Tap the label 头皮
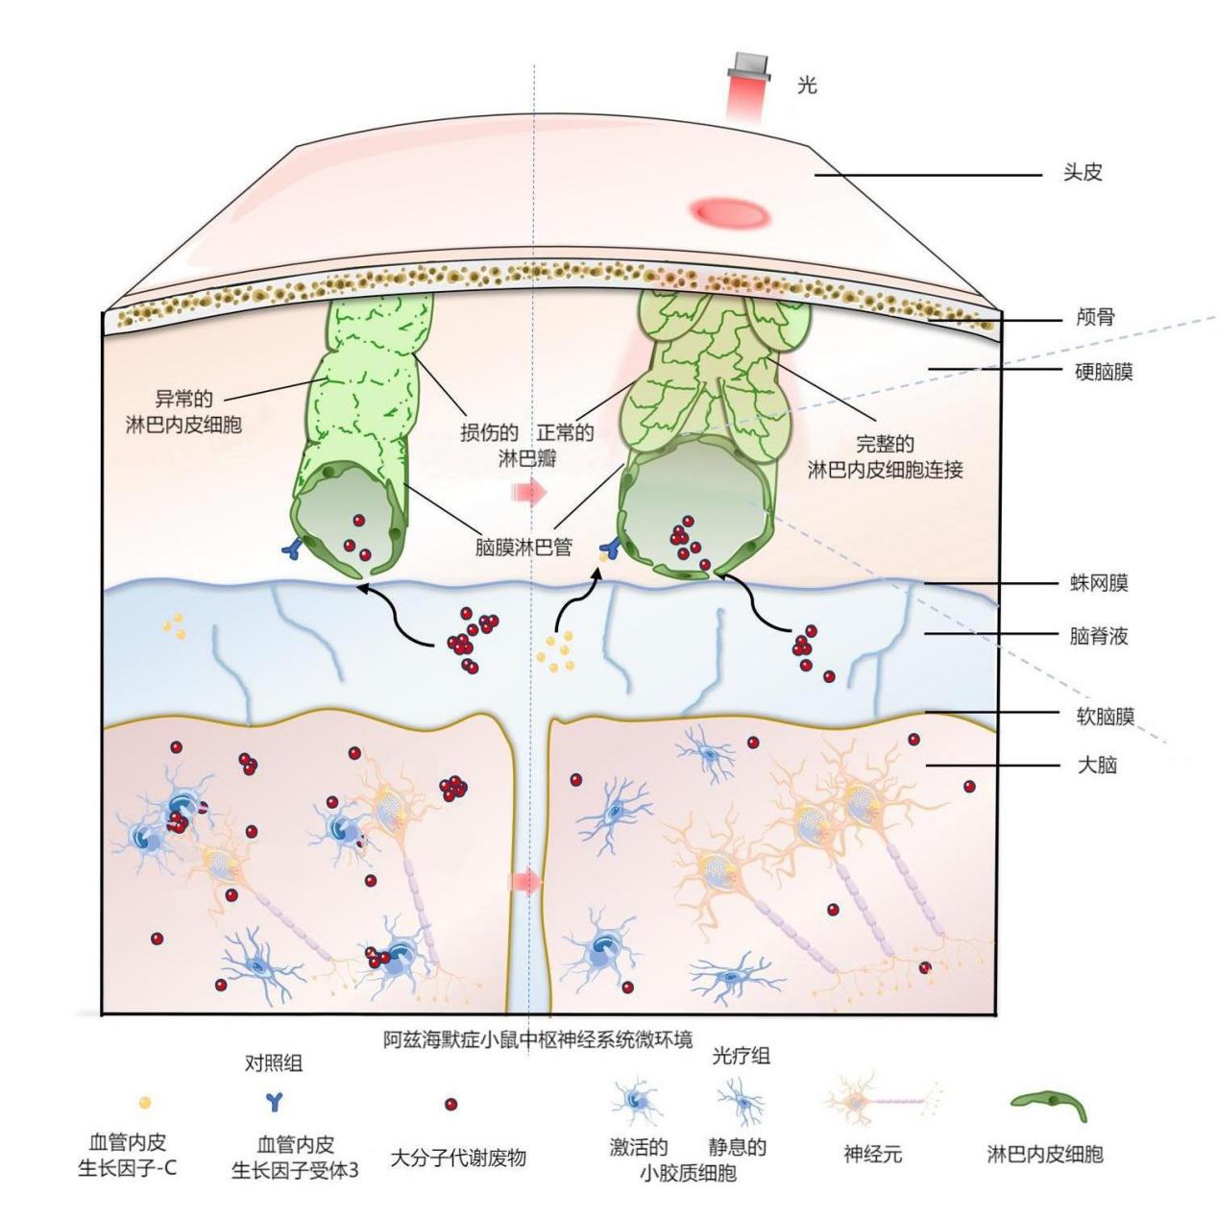click(1083, 174)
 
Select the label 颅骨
click(1095, 317)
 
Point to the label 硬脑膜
click(1105, 372)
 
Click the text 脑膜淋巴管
click(524, 548)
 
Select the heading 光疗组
click(741, 1056)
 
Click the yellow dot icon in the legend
click(146, 1104)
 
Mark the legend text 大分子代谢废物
click(458, 1157)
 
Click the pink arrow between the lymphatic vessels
click(527, 493)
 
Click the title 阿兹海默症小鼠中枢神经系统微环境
click(538, 1041)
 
